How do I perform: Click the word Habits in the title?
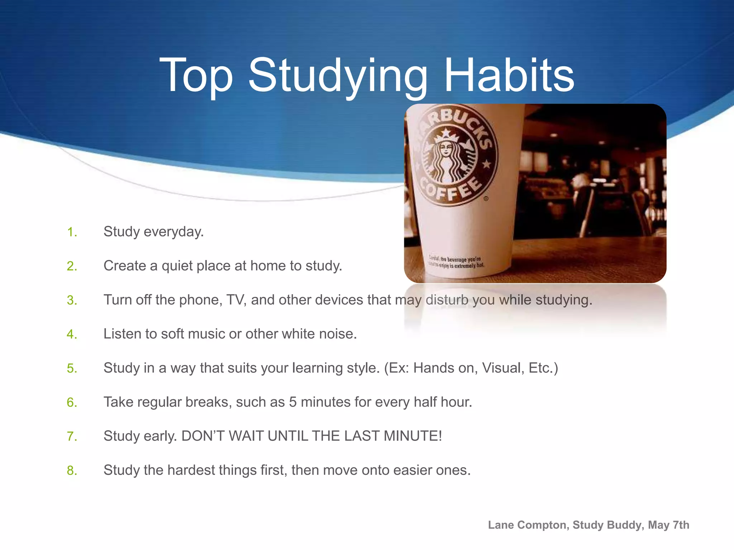(x=509, y=76)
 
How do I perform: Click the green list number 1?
(x=72, y=232)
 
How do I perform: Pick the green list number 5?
(x=72, y=368)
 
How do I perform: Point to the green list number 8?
(x=72, y=471)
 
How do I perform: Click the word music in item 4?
(x=206, y=334)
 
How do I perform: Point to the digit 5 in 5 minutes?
(x=293, y=402)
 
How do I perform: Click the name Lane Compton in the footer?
(x=528, y=525)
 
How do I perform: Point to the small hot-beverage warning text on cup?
(x=456, y=262)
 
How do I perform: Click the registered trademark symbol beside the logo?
(x=486, y=198)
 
